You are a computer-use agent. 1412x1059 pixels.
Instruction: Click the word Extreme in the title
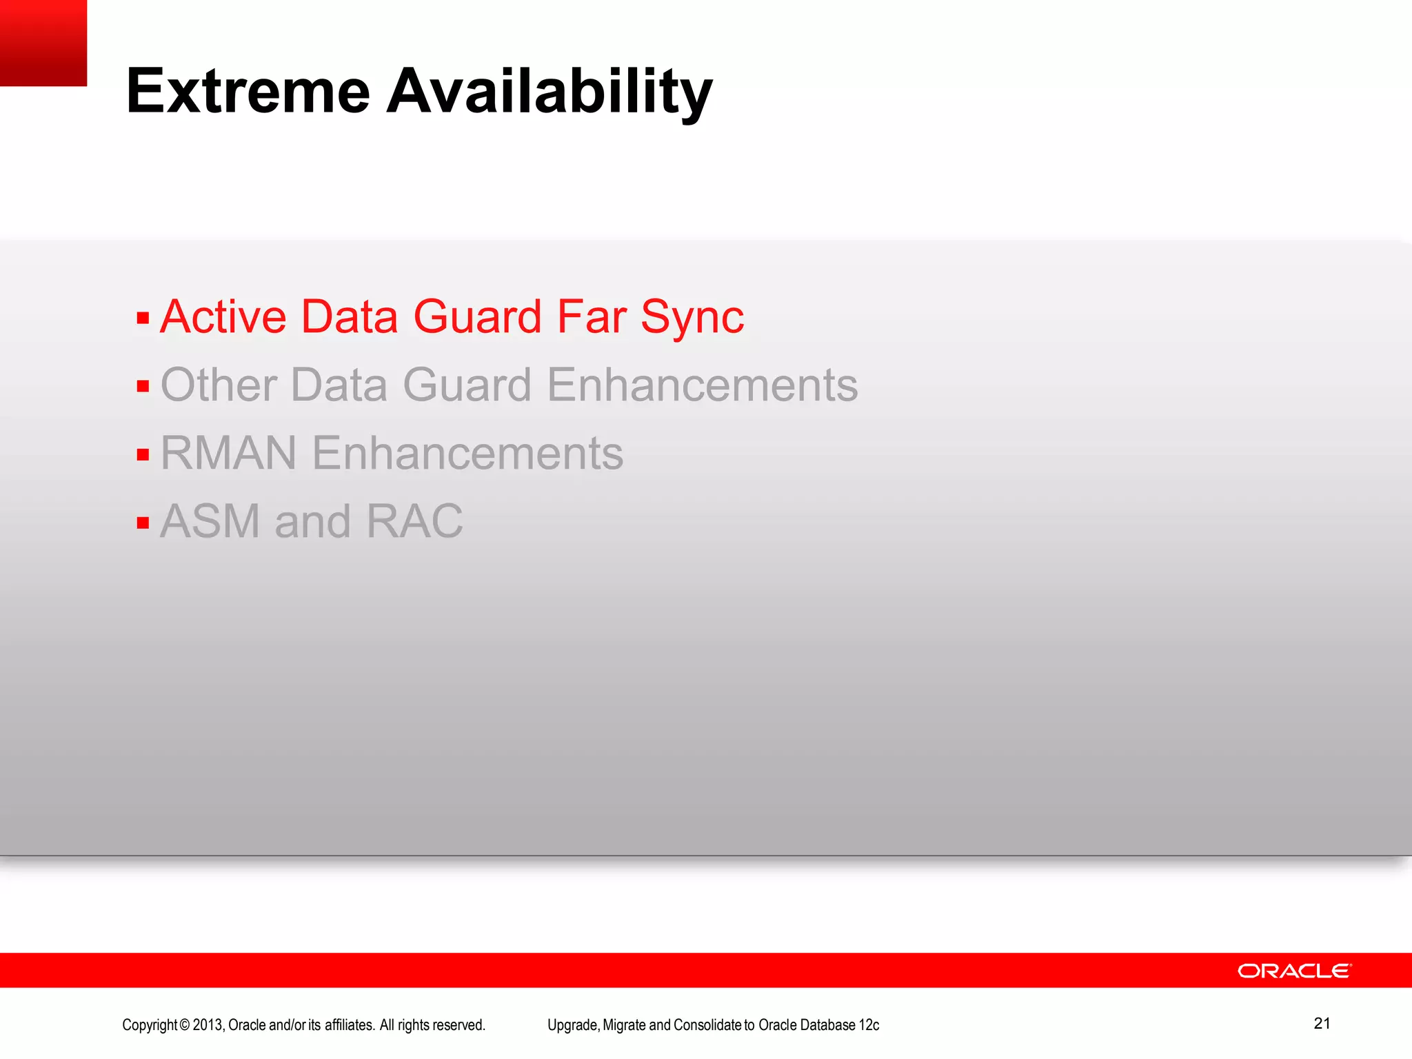(248, 92)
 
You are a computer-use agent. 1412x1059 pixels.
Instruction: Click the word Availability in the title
(549, 92)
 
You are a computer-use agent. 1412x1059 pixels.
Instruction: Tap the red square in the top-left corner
(43, 43)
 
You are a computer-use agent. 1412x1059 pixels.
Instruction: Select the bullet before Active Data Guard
(143, 319)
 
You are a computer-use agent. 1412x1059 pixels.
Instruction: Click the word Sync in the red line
(692, 319)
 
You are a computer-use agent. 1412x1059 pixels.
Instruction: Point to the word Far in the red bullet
(591, 317)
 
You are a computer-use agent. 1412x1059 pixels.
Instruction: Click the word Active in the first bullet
(223, 317)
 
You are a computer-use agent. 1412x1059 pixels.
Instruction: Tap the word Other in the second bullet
(219, 385)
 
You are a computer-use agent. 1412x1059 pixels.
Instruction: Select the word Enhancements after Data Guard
(702, 385)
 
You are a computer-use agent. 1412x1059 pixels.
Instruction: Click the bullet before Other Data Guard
(143, 386)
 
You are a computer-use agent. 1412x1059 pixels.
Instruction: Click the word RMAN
(228, 454)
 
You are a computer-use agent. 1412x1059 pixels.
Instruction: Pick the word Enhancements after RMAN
(467, 454)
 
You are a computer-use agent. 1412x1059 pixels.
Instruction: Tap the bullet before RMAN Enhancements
(143, 454)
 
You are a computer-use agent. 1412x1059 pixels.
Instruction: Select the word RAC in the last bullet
(414, 521)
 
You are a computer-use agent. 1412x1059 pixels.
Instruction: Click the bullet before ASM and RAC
(143, 523)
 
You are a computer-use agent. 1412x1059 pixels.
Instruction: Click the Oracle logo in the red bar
(1294, 971)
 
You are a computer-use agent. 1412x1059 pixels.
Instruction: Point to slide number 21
(1322, 1023)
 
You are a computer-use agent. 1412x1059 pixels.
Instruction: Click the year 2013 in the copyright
(208, 1025)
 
